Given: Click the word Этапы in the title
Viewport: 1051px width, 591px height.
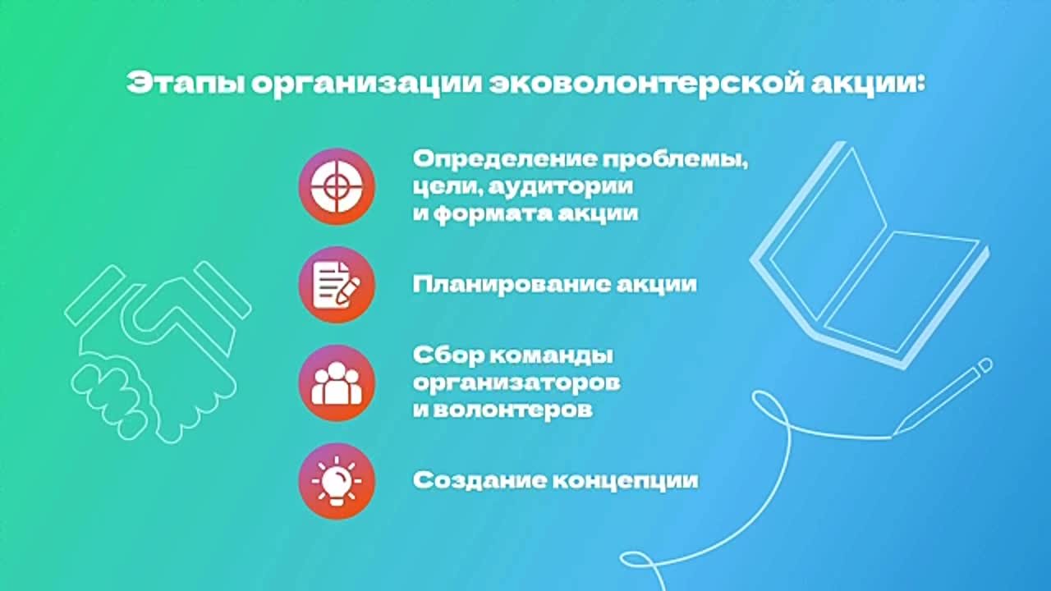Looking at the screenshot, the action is (x=186, y=85).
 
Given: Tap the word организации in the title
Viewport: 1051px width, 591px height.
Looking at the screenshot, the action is (x=367, y=85).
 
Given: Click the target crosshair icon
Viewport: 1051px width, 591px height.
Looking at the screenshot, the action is (x=337, y=186).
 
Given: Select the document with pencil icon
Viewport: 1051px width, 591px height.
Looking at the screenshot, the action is (x=337, y=285).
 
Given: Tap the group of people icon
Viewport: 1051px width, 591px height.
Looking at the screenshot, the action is (x=337, y=383).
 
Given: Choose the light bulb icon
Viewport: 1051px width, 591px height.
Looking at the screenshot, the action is (x=337, y=481).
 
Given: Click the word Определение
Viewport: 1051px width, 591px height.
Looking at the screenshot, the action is (x=505, y=160).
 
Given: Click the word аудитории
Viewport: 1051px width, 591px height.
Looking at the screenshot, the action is (x=561, y=187).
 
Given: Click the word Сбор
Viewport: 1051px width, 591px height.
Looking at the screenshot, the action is (x=448, y=355).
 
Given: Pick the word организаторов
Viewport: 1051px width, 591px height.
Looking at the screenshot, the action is (x=516, y=383).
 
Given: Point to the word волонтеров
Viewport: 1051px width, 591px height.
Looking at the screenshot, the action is (x=513, y=410).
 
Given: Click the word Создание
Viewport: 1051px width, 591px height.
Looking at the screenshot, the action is (x=480, y=481).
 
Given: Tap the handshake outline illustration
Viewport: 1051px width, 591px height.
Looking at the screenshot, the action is (x=158, y=352).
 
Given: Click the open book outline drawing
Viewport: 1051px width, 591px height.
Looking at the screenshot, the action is (x=870, y=255).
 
